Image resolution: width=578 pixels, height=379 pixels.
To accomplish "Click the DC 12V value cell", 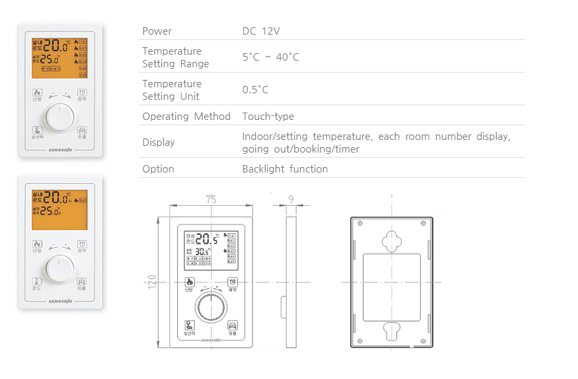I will (261, 31).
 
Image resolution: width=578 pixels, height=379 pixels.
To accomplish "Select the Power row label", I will (157, 31).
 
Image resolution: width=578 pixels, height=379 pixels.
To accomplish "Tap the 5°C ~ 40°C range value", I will (271, 57).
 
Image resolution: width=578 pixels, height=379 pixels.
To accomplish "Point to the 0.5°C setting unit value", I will (256, 90).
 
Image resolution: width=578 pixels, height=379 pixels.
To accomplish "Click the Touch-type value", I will (268, 117).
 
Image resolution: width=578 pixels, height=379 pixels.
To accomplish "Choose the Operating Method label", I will (186, 117).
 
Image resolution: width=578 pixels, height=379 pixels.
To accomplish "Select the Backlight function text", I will (285, 169).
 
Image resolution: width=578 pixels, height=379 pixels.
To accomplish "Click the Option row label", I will (158, 169).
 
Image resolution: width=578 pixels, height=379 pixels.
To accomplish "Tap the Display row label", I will (159, 143).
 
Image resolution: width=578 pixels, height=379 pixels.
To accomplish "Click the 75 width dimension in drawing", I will (211, 199).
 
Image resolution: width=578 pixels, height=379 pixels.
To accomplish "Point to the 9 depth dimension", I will (291, 199).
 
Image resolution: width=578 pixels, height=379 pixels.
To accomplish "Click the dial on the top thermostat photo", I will (60, 117).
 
